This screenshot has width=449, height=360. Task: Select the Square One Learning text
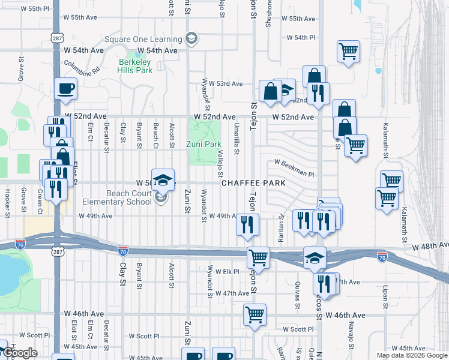pyautogui.click(x=143, y=40)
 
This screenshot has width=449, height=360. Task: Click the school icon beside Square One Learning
pyautogui.click(x=191, y=40)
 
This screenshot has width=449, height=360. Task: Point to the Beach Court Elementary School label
pyautogui.click(x=130, y=197)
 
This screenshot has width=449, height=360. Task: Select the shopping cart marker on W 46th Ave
pyautogui.click(x=255, y=314)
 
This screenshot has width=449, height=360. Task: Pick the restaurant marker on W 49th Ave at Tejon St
pyautogui.click(x=248, y=224)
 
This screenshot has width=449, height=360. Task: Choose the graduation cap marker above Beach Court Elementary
pyautogui.click(x=161, y=179)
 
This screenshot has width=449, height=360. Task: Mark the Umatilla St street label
pyautogui.click(x=237, y=143)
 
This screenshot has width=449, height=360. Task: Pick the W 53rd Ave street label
pyautogui.click(x=226, y=83)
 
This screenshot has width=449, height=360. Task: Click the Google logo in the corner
pyautogui.click(x=19, y=353)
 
